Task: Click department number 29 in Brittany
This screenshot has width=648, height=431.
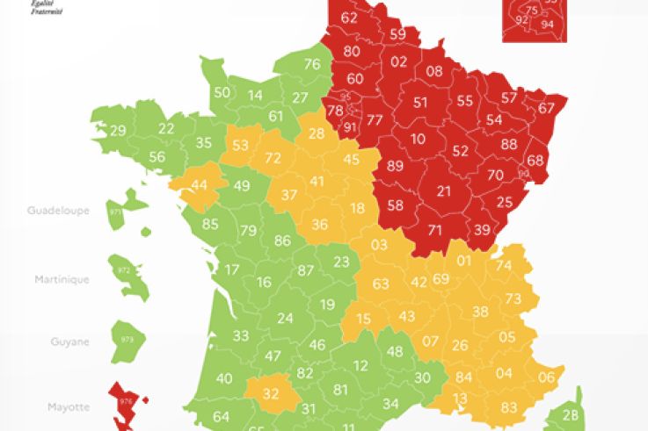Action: tap(118, 131)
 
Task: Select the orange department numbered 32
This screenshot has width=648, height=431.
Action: tap(271, 392)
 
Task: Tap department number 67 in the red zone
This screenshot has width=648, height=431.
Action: tap(547, 108)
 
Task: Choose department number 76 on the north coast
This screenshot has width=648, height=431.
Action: tap(312, 63)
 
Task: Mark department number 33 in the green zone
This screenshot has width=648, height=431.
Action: tap(241, 335)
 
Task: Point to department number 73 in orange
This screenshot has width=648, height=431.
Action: tap(513, 299)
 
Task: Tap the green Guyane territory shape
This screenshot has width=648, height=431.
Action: tap(128, 340)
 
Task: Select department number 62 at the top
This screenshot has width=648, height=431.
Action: tap(349, 18)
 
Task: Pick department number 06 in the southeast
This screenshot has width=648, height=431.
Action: tap(546, 377)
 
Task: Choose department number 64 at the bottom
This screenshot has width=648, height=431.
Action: tap(222, 417)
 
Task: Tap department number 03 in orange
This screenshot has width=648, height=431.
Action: tap(379, 244)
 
